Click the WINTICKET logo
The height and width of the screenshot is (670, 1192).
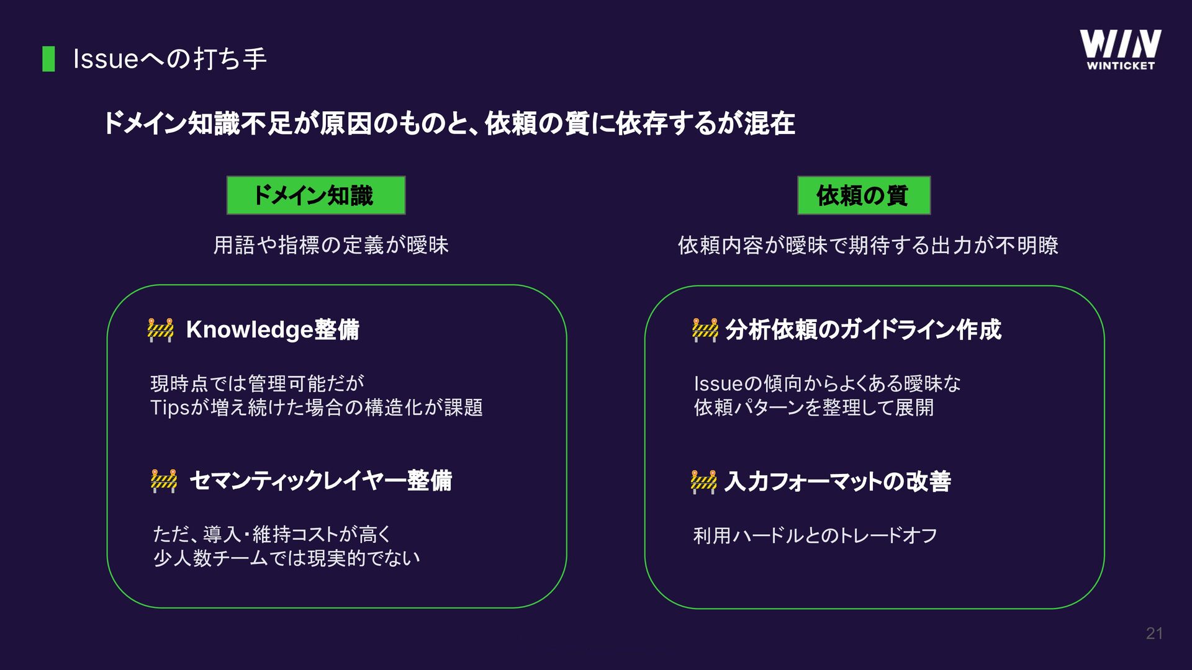pos(1120,50)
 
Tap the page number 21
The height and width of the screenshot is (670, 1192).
pos(1154,633)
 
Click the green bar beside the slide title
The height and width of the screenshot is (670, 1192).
pos(48,59)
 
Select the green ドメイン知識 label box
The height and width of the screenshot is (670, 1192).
pos(315,195)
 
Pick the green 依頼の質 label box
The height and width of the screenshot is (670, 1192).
pos(864,195)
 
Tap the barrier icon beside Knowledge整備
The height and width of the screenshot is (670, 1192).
pos(161,329)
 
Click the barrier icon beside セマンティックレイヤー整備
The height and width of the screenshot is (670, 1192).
pos(164,481)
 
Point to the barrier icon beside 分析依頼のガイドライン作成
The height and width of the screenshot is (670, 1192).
pos(705,329)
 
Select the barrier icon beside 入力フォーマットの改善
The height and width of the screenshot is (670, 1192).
pos(703,481)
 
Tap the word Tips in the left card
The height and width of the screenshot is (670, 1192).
pos(169,408)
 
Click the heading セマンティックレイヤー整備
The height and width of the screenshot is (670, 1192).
pos(320,481)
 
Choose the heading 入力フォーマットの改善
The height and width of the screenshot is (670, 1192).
pos(838,481)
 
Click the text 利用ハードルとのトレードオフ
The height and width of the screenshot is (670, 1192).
pos(815,535)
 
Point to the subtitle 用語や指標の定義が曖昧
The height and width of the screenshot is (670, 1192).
pos(331,246)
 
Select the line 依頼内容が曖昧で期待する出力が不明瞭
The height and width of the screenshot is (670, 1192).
pos(868,246)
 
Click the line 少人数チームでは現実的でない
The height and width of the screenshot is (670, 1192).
pos(286,558)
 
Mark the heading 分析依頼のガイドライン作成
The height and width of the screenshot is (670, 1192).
pos(863,329)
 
